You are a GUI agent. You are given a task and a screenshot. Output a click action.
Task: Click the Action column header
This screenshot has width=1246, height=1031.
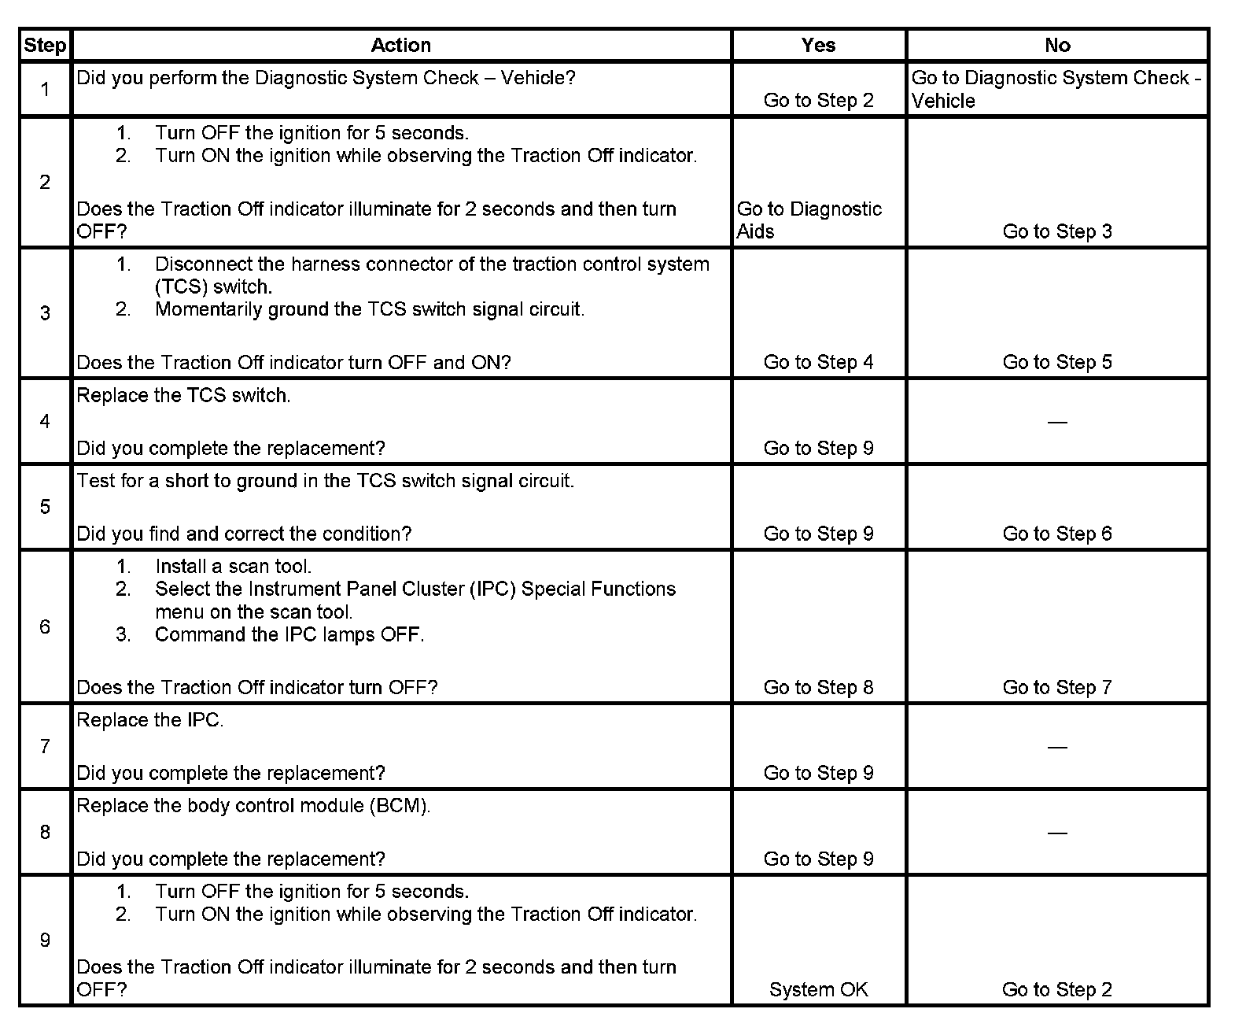pos(400,46)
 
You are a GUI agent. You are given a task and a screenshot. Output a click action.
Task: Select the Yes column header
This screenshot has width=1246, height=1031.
pos(818,46)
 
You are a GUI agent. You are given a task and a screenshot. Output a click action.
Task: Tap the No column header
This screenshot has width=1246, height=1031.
pos(1057,46)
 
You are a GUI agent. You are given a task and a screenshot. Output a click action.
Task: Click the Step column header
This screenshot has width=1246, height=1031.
pos(45,46)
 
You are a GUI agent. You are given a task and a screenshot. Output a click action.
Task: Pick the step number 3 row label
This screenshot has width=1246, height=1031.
pos(45,313)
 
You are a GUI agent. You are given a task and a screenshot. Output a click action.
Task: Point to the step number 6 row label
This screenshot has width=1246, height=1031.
pos(45,626)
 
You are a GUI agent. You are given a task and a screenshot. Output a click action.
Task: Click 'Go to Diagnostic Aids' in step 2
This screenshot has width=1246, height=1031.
pos(809,220)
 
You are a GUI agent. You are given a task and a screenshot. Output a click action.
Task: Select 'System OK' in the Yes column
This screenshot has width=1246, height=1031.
pos(818,989)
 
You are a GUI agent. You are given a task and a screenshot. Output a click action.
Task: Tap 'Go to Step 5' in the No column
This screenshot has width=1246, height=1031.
pos(1057,362)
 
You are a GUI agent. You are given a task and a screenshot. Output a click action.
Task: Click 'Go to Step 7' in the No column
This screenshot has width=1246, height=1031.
pos(1057,687)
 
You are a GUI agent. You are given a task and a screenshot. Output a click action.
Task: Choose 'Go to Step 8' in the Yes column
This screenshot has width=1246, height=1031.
pos(818,687)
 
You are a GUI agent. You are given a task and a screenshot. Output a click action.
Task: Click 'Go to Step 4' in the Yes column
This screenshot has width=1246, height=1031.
pos(818,362)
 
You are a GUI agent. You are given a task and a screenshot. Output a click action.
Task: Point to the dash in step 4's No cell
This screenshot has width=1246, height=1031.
pos(1057,423)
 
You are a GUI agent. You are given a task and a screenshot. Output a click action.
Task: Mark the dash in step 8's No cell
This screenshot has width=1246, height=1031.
pos(1057,833)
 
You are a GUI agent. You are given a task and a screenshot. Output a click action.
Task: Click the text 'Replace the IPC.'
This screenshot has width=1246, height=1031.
pos(149,720)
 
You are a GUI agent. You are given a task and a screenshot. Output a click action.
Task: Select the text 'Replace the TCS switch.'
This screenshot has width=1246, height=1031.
pos(183,395)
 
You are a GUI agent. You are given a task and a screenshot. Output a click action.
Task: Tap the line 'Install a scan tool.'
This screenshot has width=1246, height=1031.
pos(233,567)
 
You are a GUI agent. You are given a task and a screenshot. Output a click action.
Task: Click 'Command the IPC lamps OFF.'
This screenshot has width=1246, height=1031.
pos(289,634)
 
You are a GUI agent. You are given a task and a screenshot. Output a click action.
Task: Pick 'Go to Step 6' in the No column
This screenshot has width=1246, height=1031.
pos(1057,534)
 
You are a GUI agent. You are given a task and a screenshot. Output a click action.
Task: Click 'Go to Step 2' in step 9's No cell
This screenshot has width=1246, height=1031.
pos(1057,989)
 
